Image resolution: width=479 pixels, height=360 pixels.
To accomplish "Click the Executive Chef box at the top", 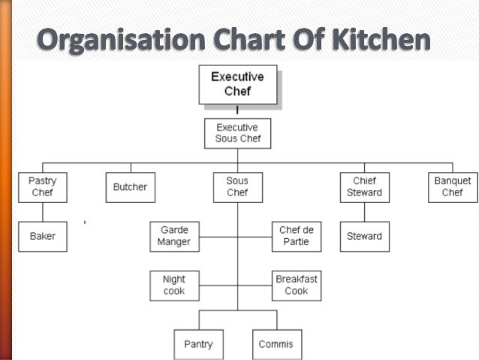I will (237, 85).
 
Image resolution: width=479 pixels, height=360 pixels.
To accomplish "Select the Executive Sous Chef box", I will (237, 133).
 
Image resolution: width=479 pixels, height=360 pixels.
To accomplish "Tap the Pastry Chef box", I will (42, 187).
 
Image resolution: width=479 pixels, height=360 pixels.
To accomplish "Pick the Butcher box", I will (131, 187).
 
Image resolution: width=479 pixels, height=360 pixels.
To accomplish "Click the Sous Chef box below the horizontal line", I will (237, 187).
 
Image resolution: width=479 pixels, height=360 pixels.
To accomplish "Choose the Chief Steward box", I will (364, 187).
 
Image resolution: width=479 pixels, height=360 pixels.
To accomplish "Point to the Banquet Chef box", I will (453, 187).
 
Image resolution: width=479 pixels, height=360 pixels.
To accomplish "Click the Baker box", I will (42, 236).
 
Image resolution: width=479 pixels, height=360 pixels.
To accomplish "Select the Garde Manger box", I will (174, 236).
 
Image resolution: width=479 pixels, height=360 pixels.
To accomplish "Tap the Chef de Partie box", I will (294, 236).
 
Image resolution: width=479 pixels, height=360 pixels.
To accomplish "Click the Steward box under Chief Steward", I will (364, 236).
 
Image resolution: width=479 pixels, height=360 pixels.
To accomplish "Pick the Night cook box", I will (174, 285).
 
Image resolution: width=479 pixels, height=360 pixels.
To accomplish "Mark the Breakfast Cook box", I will (296, 285).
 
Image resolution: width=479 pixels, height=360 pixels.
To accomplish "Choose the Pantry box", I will (198, 344).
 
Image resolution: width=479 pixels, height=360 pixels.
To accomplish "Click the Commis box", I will (276, 344).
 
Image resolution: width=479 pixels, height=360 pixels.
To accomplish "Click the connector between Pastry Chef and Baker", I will (42, 211).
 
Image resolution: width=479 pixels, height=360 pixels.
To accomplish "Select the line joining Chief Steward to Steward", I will (364, 211).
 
